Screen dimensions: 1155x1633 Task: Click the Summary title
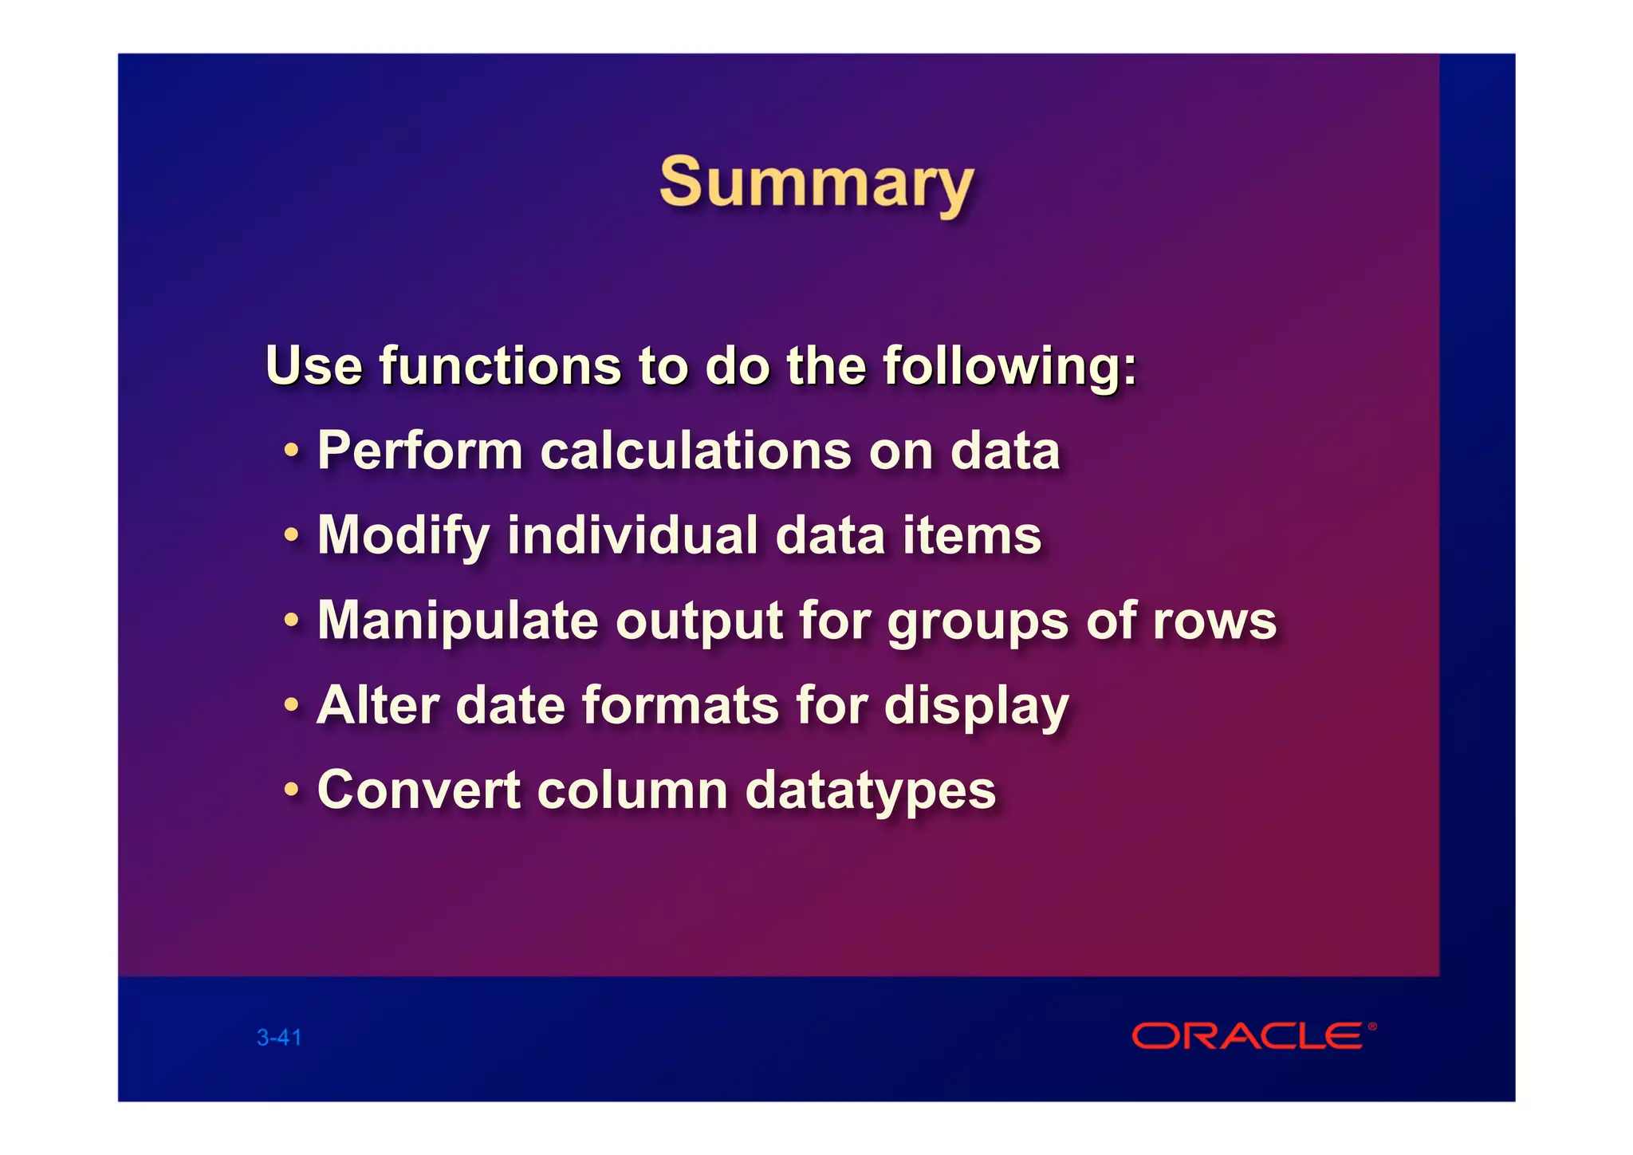pyautogui.click(x=816, y=184)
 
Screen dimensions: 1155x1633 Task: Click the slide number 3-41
pyautogui.click(x=279, y=1038)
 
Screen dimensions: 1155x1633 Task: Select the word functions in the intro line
pyautogui.click(x=499, y=366)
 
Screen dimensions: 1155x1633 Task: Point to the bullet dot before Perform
pyautogui.click(x=292, y=451)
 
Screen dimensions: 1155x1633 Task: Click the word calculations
pyautogui.click(x=695, y=451)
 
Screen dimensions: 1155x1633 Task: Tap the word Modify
pyautogui.click(x=403, y=536)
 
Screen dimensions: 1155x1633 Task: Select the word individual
pyautogui.click(x=632, y=535)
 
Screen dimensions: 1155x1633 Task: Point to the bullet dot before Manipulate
pyautogui.click(x=292, y=621)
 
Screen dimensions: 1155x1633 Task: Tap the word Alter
pyautogui.click(x=378, y=706)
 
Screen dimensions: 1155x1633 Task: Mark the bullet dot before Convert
pyautogui.click(x=292, y=790)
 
